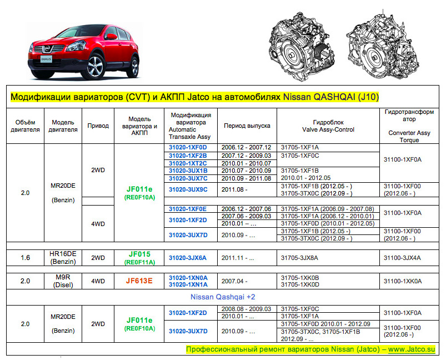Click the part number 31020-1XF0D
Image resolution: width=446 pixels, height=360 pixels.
click(188, 147)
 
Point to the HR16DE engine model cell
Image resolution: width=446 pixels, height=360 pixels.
click(63, 257)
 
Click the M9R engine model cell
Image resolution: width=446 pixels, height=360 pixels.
click(63, 281)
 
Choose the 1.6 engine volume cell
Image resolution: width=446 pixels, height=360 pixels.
click(25, 258)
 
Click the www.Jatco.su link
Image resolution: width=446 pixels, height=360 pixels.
click(411, 350)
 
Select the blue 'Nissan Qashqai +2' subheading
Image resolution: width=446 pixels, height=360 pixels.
click(223, 297)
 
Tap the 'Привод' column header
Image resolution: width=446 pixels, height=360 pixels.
click(98, 126)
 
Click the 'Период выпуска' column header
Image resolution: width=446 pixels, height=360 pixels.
click(247, 126)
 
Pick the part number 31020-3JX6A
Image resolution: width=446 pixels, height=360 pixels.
click(188, 258)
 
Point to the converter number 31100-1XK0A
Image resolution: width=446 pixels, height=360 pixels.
click(403, 281)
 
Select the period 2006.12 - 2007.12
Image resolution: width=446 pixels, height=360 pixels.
click(246, 147)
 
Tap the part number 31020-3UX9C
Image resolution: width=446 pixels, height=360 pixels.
click(188, 189)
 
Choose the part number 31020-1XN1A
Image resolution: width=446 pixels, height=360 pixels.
click(188, 284)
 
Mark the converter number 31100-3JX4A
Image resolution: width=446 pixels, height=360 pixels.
click(403, 258)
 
